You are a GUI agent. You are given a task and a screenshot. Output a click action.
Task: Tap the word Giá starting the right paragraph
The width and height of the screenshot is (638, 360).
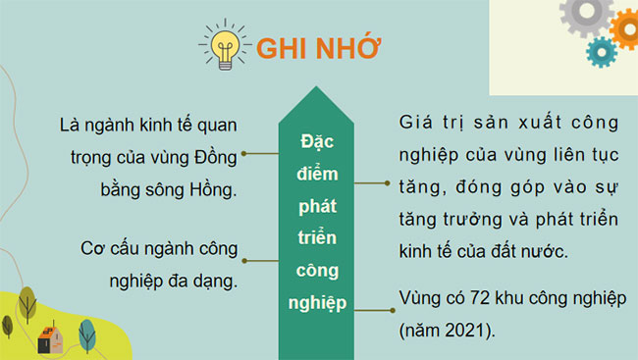416,123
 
